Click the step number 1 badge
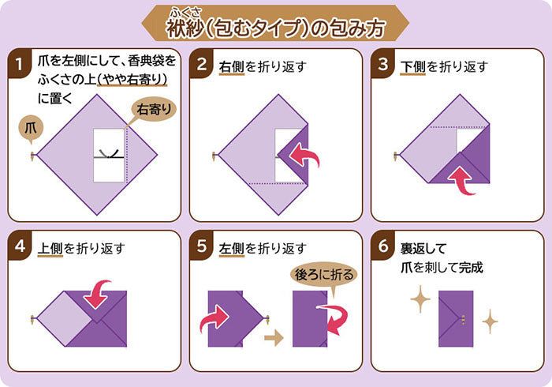[19, 63]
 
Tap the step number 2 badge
[201, 63]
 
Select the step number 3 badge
[382, 63]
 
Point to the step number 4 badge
[19, 246]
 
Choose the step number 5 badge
[201, 246]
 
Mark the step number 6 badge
[382, 246]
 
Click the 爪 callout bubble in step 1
[31, 129]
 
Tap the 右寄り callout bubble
[154, 110]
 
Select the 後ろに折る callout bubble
[324, 275]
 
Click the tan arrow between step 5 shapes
[274, 338]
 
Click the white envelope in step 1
[109, 155]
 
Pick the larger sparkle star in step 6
[420, 299]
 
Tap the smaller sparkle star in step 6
[490, 321]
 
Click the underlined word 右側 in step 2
[232, 67]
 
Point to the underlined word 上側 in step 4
[50, 249]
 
